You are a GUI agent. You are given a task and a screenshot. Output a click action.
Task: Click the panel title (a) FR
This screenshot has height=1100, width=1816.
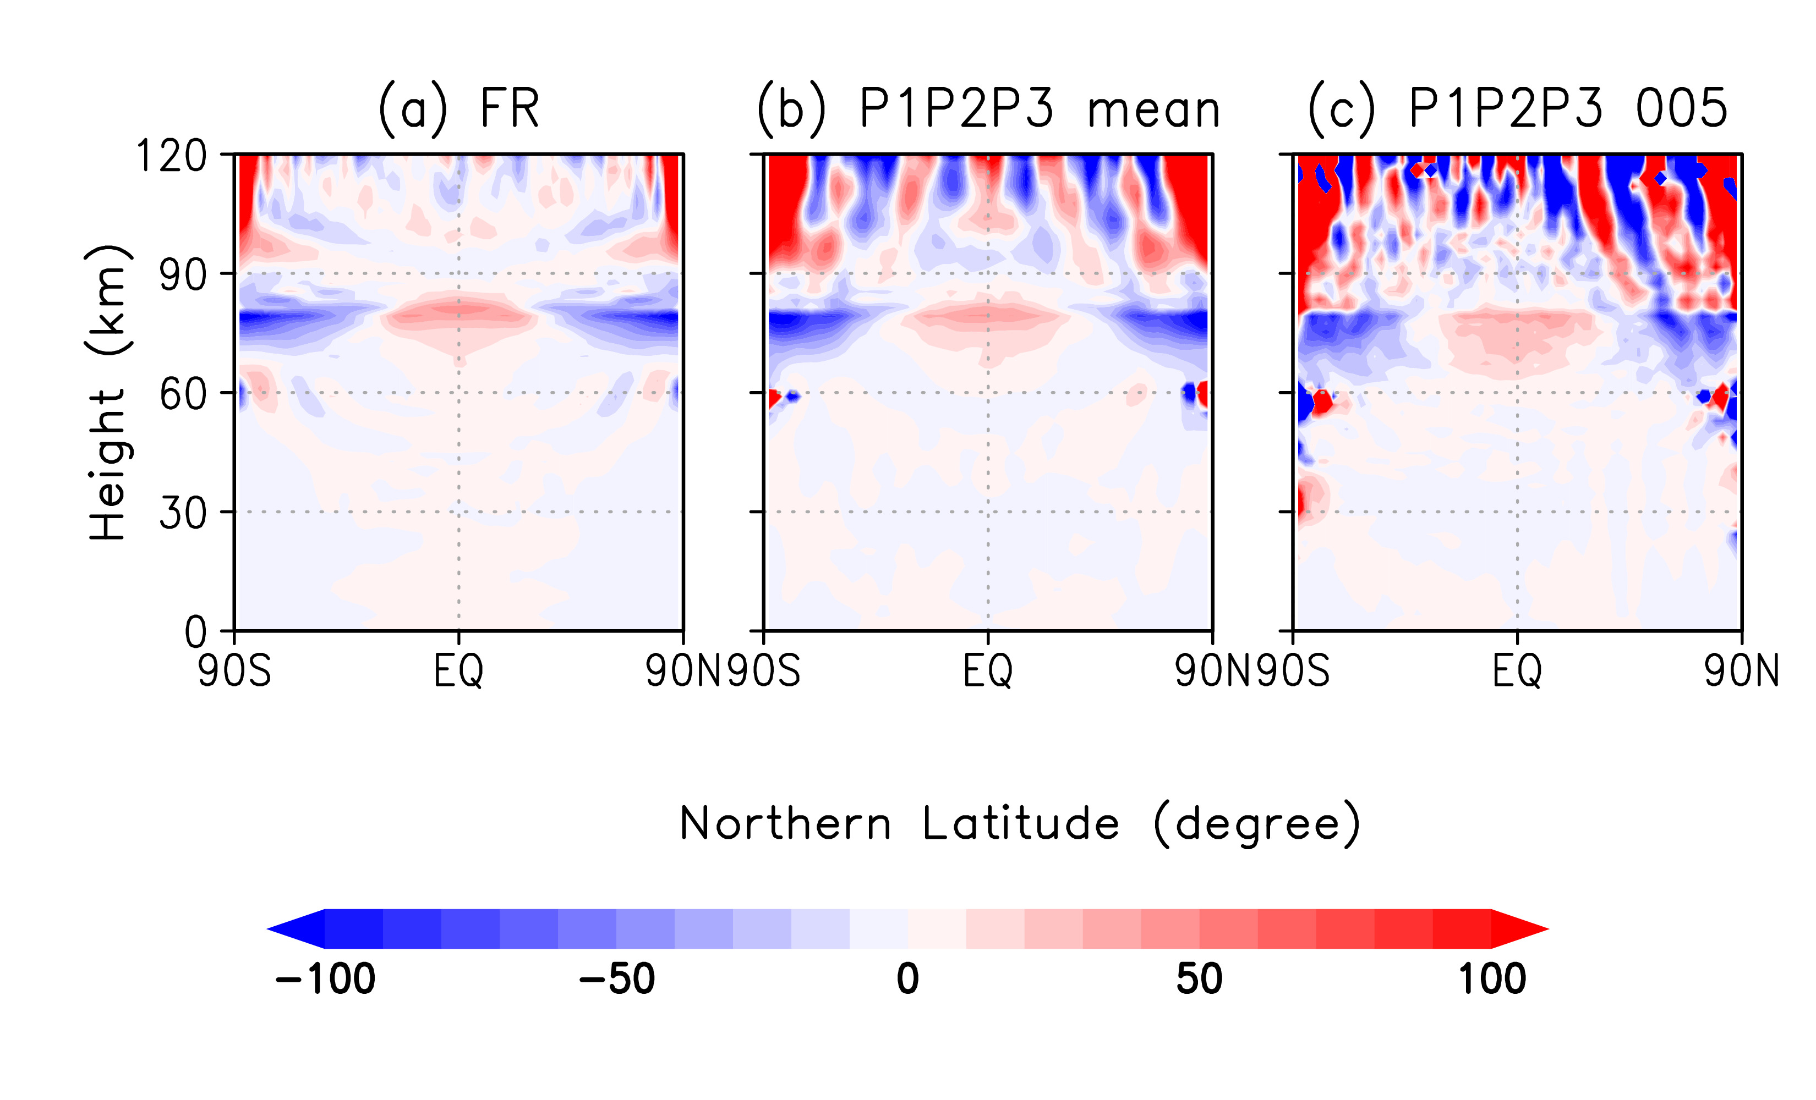click(x=458, y=109)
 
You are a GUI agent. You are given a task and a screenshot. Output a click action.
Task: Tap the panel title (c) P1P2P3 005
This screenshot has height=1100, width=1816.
click(x=1517, y=109)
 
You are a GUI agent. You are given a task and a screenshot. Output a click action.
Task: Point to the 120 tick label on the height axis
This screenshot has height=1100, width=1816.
click(x=171, y=156)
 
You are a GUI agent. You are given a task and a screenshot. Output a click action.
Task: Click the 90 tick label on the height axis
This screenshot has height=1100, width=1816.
click(x=183, y=276)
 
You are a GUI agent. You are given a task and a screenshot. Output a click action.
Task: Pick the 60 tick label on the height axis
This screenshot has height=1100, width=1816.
click(x=183, y=394)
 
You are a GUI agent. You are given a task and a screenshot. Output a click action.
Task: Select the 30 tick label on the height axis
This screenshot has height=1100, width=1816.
click(x=183, y=514)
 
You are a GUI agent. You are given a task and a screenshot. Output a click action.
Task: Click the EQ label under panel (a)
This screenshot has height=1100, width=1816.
click(x=458, y=671)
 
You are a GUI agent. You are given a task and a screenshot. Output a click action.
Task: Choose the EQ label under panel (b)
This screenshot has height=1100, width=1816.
click(x=988, y=671)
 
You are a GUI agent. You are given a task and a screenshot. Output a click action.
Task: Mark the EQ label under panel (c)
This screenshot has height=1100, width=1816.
click(x=1517, y=671)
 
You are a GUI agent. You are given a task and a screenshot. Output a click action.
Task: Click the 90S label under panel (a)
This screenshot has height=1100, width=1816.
click(x=234, y=671)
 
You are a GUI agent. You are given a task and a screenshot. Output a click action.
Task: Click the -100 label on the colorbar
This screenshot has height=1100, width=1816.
click(x=325, y=979)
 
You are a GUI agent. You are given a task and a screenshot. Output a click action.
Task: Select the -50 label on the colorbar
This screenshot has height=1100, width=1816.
click(x=617, y=979)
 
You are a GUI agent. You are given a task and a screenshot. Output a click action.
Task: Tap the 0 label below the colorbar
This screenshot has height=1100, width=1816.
click(x=908, y=979)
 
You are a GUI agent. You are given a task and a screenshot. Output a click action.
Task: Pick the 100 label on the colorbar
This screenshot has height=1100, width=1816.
click(x=1492, y=979)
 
